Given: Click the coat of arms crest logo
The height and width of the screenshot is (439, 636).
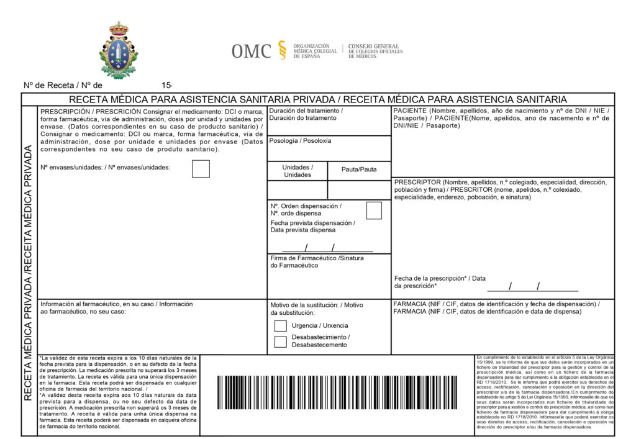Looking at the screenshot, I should click(119, 51).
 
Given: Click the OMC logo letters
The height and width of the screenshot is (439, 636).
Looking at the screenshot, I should click(251, 51).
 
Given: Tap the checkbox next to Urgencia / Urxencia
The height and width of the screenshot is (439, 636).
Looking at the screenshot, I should click(280, 325).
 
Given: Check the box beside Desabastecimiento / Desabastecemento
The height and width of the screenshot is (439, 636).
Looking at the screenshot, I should click(280, 341).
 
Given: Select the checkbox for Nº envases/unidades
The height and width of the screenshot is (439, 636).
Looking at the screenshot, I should click(201, 169).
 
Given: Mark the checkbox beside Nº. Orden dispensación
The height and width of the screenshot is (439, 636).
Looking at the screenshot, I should click(374, 210).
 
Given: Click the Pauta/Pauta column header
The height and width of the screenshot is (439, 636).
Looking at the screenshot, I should click(359, 170).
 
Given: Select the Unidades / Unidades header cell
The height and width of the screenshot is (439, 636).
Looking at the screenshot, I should click(298, 171).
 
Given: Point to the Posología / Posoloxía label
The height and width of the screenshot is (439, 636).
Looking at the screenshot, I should click(300, 141).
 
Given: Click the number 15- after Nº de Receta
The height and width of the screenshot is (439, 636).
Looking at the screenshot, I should click(166, 85).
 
